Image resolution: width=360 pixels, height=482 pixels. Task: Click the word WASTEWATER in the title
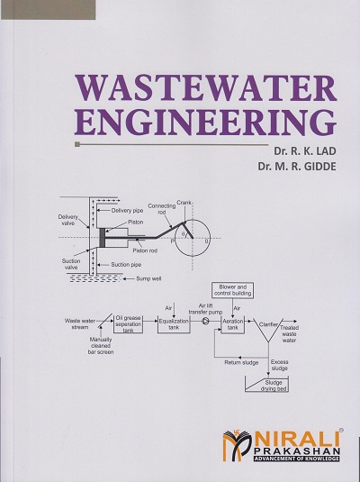(x=206, y=88)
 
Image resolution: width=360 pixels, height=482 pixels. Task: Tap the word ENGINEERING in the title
(x=205, y=122)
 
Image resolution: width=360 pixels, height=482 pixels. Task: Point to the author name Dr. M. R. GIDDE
(x=297, y=167)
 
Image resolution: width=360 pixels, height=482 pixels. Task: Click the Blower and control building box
(x=233, y=290)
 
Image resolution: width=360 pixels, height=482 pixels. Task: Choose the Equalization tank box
(x=174, y=324)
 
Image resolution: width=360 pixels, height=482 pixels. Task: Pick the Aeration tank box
(x=233, y=324)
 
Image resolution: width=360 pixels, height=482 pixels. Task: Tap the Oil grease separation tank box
(x=128, y=324)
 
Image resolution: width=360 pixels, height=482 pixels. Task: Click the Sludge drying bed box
(x=266, y=384)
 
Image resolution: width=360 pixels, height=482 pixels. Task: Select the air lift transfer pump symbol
(x=205, y=322)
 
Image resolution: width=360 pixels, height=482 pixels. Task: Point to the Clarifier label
(x=268, y=324)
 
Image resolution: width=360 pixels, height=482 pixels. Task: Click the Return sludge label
(x=241, y=363)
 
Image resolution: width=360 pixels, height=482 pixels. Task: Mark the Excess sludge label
(x=280, y=365)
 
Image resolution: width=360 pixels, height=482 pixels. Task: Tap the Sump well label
(x=148, y=278)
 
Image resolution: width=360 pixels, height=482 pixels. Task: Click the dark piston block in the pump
(x=102, y=237)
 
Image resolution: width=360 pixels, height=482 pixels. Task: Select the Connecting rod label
(x=162, y=209)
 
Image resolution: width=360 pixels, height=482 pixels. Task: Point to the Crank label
(x=184, y=203)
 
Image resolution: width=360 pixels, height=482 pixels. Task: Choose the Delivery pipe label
(x=127, y=211)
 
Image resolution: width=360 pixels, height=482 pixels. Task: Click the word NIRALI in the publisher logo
(x=298, y=440)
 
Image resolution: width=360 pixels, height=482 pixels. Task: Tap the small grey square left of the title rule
(x=77, y=144)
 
